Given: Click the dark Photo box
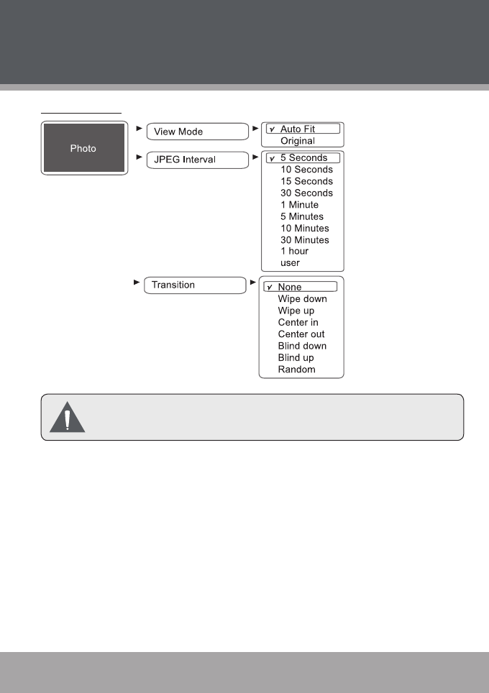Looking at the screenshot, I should click(83, 149).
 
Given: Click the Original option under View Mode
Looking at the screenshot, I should click(298, 141).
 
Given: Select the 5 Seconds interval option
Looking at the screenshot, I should click(303, 158).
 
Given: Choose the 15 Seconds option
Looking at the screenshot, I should click(306, 181).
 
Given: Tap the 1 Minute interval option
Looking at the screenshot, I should click(299, 205).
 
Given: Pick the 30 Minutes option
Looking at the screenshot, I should click(305, 240).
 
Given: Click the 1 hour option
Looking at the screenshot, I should click(294, 252).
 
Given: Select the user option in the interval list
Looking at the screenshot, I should click(290, 263).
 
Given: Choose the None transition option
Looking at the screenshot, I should click(290, 287).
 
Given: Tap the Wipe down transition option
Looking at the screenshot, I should click(302, 299).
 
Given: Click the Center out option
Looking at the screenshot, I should click(301, 334).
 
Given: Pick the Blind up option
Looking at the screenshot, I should click(296, 358).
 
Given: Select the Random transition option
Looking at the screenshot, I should click(296, 370).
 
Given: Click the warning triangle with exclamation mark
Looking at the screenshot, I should click(67, 417).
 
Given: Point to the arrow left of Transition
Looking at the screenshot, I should click(137, 283).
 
